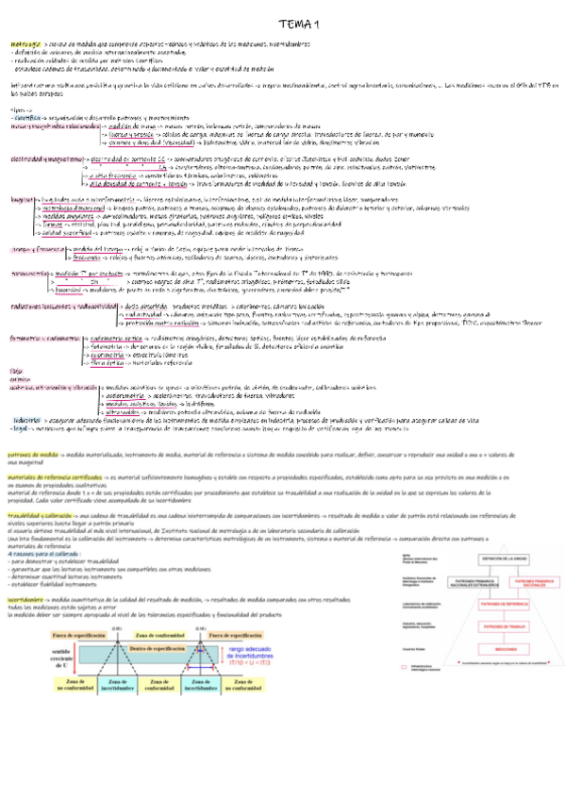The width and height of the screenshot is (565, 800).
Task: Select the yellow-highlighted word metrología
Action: [x=24, y=44]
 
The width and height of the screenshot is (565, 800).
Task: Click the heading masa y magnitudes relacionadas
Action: [x=52, y=125]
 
